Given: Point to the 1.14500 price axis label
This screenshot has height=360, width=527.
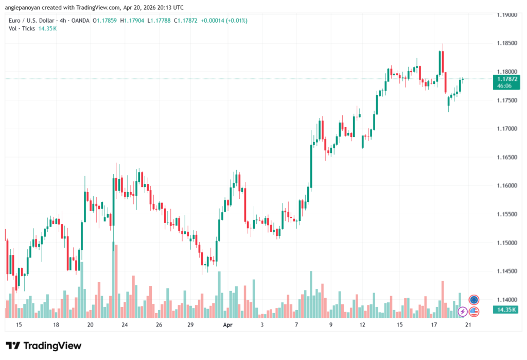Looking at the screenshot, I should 506,271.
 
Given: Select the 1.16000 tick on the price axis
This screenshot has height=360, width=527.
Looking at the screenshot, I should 506,185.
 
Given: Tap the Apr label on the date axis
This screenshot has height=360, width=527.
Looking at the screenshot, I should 228,325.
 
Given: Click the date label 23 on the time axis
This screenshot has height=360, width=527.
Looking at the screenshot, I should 125,325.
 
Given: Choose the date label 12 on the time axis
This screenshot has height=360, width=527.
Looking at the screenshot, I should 362,325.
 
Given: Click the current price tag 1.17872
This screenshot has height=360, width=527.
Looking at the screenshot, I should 507,79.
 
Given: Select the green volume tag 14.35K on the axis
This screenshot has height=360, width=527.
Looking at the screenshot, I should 507,310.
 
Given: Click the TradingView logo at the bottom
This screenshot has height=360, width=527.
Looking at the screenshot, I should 43,346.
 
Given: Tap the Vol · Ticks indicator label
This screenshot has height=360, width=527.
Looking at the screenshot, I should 22,28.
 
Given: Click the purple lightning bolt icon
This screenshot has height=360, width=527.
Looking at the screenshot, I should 463,311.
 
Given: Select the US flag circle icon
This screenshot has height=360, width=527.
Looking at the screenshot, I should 474,311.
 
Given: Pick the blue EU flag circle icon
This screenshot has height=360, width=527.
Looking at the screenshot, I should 474,300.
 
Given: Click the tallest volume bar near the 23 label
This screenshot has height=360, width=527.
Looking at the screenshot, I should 113,278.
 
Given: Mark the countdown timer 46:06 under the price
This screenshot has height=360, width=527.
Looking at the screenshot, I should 504,86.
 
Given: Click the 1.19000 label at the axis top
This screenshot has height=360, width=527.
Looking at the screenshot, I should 506,15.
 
